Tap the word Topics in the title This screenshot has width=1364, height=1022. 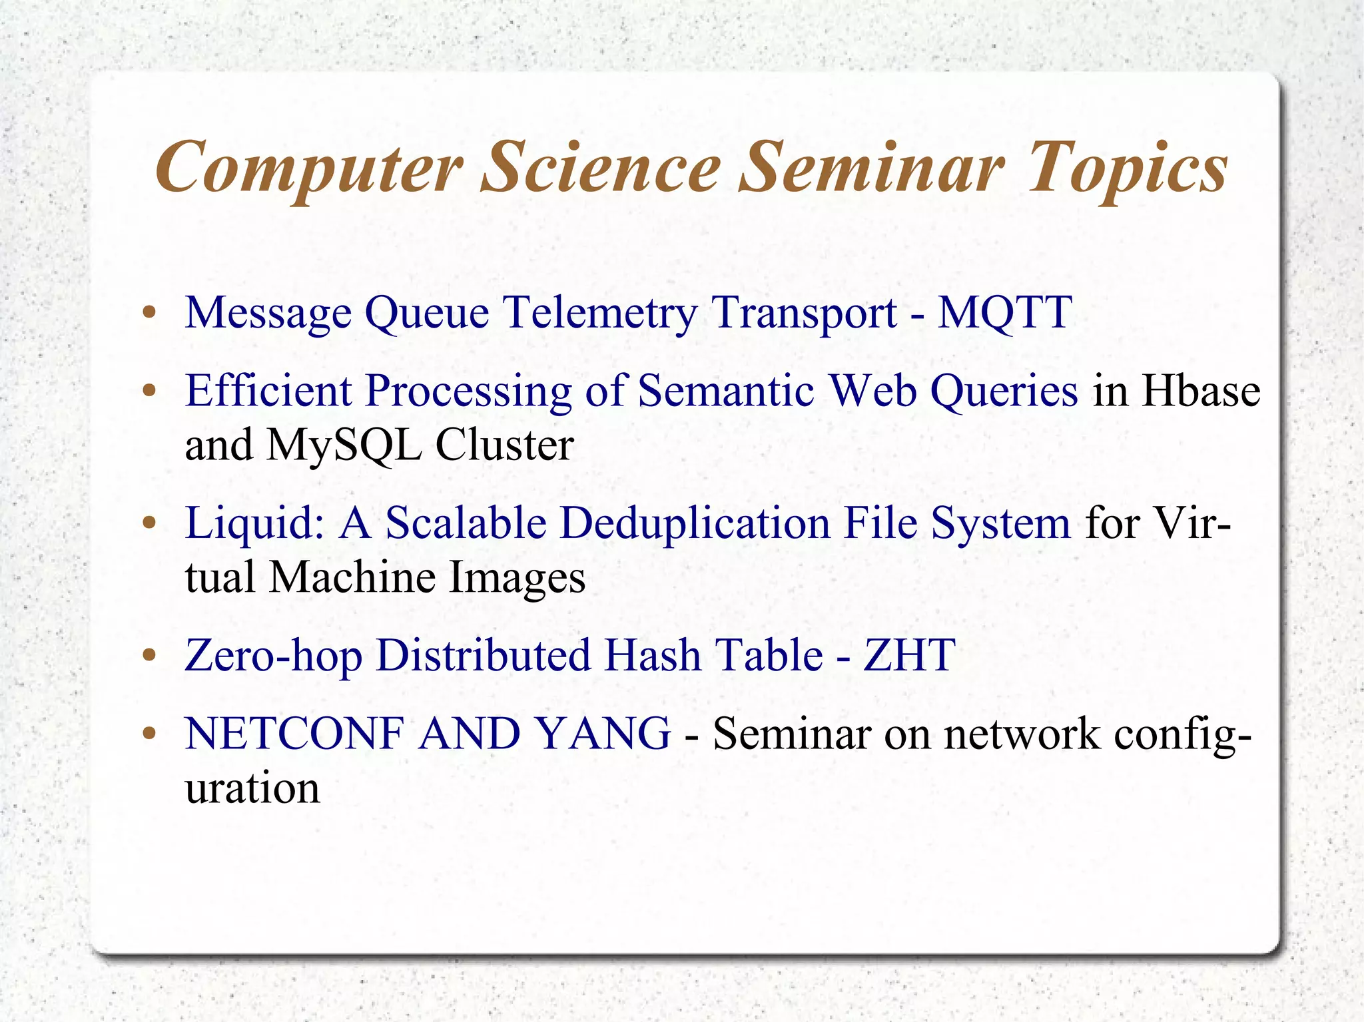click(x=1128, y=168)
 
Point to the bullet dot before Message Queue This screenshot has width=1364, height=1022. click(x=149, y=312)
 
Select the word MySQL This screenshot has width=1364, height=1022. click(x=344, y=444)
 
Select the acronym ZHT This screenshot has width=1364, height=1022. click(x=909, y=655)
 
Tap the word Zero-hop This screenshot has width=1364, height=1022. click(x=273, y=655)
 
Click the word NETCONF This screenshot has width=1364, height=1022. click(x=294, y=734)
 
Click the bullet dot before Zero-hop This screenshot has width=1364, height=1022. click(x=149, y=656)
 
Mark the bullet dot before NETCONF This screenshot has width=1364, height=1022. click(x=149, y=734)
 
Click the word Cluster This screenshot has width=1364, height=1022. click(x=504, y=444)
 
